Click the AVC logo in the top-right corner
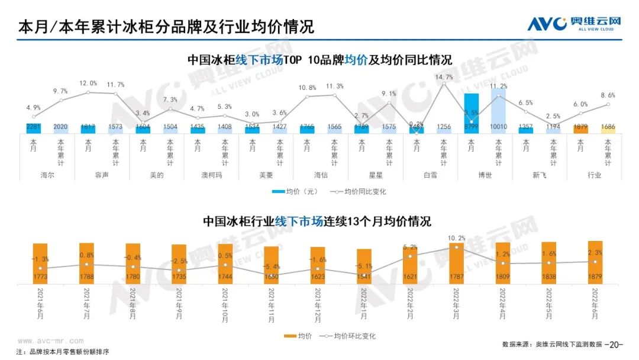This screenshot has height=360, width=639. tap(574, 24)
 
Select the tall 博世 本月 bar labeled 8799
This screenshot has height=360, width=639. tap(471, 113)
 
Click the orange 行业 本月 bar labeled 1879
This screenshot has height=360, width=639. tap(580, 128)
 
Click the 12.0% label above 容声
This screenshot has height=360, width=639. tap(88, 83)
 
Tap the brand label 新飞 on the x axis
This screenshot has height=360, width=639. tap(539, 175)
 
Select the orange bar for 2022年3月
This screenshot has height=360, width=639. tap(456, 262)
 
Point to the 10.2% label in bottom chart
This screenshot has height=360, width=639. tap(456, 239)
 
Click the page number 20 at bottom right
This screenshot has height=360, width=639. tap(616, 344)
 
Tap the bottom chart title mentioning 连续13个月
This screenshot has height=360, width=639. tap(317, 221)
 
